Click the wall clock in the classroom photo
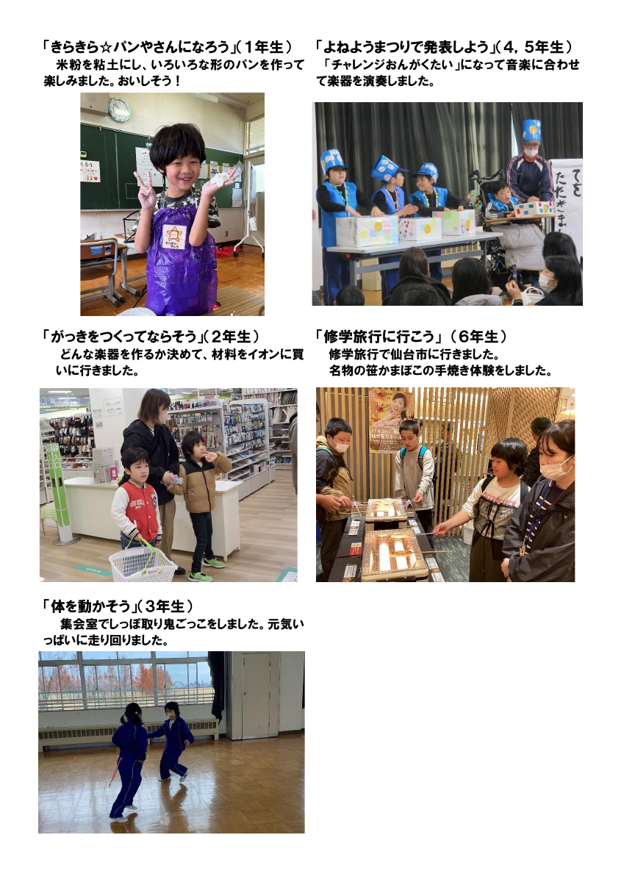pyautogui.click(x=119, y=110)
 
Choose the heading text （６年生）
pyautogui.click(x=482, y=337)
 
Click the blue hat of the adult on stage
pyautogui.click(x=531, y=131)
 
